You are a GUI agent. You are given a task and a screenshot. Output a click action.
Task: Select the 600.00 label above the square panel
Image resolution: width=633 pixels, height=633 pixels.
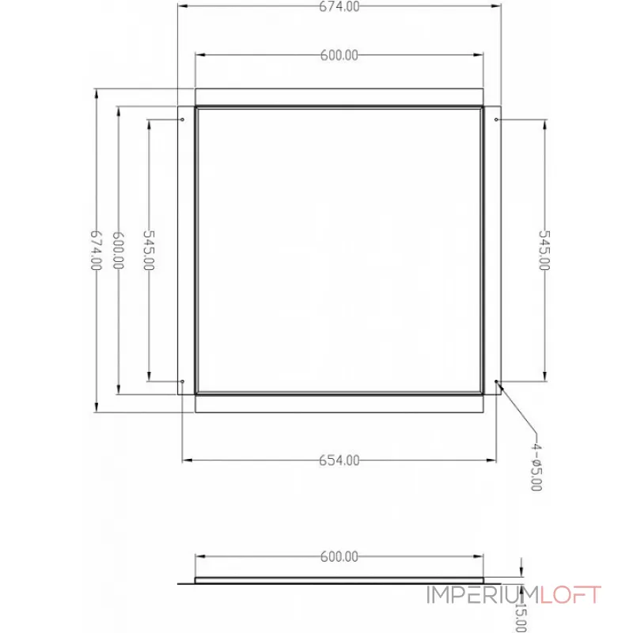click(x=339, y=55)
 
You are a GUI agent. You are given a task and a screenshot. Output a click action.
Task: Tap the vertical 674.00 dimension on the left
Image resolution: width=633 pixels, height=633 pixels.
click(x=96, y=250)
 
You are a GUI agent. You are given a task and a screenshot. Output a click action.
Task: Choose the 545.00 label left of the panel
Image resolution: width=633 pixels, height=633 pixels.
click(x=148, y=250)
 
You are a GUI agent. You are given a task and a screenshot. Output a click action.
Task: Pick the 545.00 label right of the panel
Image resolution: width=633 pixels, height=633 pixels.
click(x=544, y=250)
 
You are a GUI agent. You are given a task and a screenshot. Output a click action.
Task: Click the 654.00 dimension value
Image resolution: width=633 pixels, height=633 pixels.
click(x=339, y=460)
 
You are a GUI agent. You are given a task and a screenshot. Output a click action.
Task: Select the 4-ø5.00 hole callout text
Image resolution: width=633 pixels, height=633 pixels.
click(x=536, y=467)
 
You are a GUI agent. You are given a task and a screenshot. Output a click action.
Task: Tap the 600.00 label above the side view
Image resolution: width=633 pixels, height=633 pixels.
click(x=339, y=556)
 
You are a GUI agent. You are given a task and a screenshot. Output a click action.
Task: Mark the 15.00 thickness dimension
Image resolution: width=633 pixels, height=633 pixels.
click(x=520, y=614)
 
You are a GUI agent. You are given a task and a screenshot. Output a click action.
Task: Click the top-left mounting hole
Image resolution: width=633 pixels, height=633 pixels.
click(x=183, y=120)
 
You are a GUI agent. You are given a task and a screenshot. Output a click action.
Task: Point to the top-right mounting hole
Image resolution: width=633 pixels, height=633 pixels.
click(x=496, y=120)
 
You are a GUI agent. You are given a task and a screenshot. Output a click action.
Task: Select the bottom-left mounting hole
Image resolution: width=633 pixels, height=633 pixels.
click(x=183, y=381)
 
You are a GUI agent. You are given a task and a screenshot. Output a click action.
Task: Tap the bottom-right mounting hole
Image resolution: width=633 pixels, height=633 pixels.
click(x=496, y=381)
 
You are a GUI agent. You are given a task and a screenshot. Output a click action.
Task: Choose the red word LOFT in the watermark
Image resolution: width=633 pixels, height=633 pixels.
click(x=571, y=595)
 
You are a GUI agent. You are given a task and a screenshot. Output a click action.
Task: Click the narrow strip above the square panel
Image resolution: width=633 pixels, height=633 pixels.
click(x=339, y=97)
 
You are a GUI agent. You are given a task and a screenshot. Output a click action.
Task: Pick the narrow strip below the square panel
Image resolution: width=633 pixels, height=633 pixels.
click(x=339, y=404)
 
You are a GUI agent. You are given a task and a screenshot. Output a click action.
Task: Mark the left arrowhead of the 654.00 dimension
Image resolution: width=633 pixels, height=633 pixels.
click(x=187, y=460)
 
